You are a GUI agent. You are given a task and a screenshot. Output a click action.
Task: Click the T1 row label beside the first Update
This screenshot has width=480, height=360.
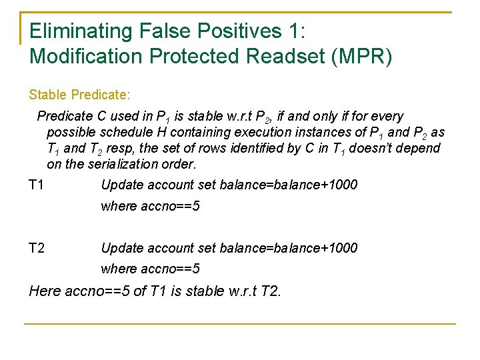point(37,185)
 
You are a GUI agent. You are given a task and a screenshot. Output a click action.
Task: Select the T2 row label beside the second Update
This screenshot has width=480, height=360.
point(37,248)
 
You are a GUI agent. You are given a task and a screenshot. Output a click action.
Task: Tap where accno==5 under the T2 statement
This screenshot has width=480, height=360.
point(150,269)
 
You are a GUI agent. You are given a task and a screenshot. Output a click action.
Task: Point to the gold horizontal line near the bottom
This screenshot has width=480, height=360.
point(240,324)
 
